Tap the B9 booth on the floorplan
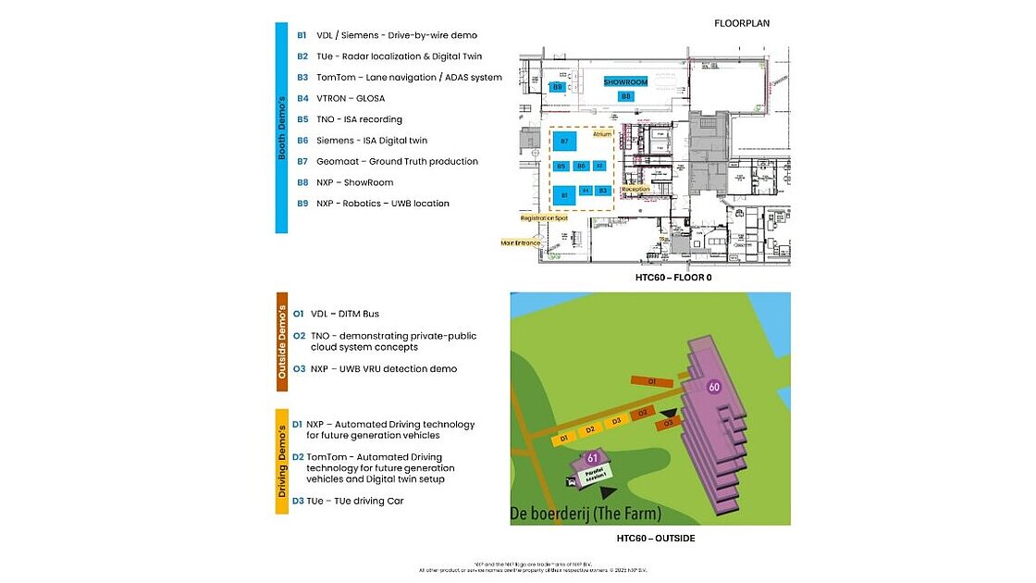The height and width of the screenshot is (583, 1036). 558,86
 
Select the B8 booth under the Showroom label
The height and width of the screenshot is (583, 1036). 626,96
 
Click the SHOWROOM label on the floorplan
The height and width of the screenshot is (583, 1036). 625,82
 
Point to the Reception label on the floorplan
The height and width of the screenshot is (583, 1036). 635,189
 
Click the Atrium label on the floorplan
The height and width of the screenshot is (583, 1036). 602,134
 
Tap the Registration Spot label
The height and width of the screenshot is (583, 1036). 544,218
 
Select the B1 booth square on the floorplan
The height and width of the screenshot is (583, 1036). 563,195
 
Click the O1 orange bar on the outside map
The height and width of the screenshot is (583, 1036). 651,380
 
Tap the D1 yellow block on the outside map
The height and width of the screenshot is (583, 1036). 563,437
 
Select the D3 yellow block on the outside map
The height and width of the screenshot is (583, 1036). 616,422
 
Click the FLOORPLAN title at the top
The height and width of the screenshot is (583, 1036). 742,23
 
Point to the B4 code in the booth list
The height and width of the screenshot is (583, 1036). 302,98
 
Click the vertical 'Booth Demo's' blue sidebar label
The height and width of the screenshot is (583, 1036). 282,127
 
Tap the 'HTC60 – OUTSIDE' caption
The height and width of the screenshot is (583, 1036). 656,538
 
